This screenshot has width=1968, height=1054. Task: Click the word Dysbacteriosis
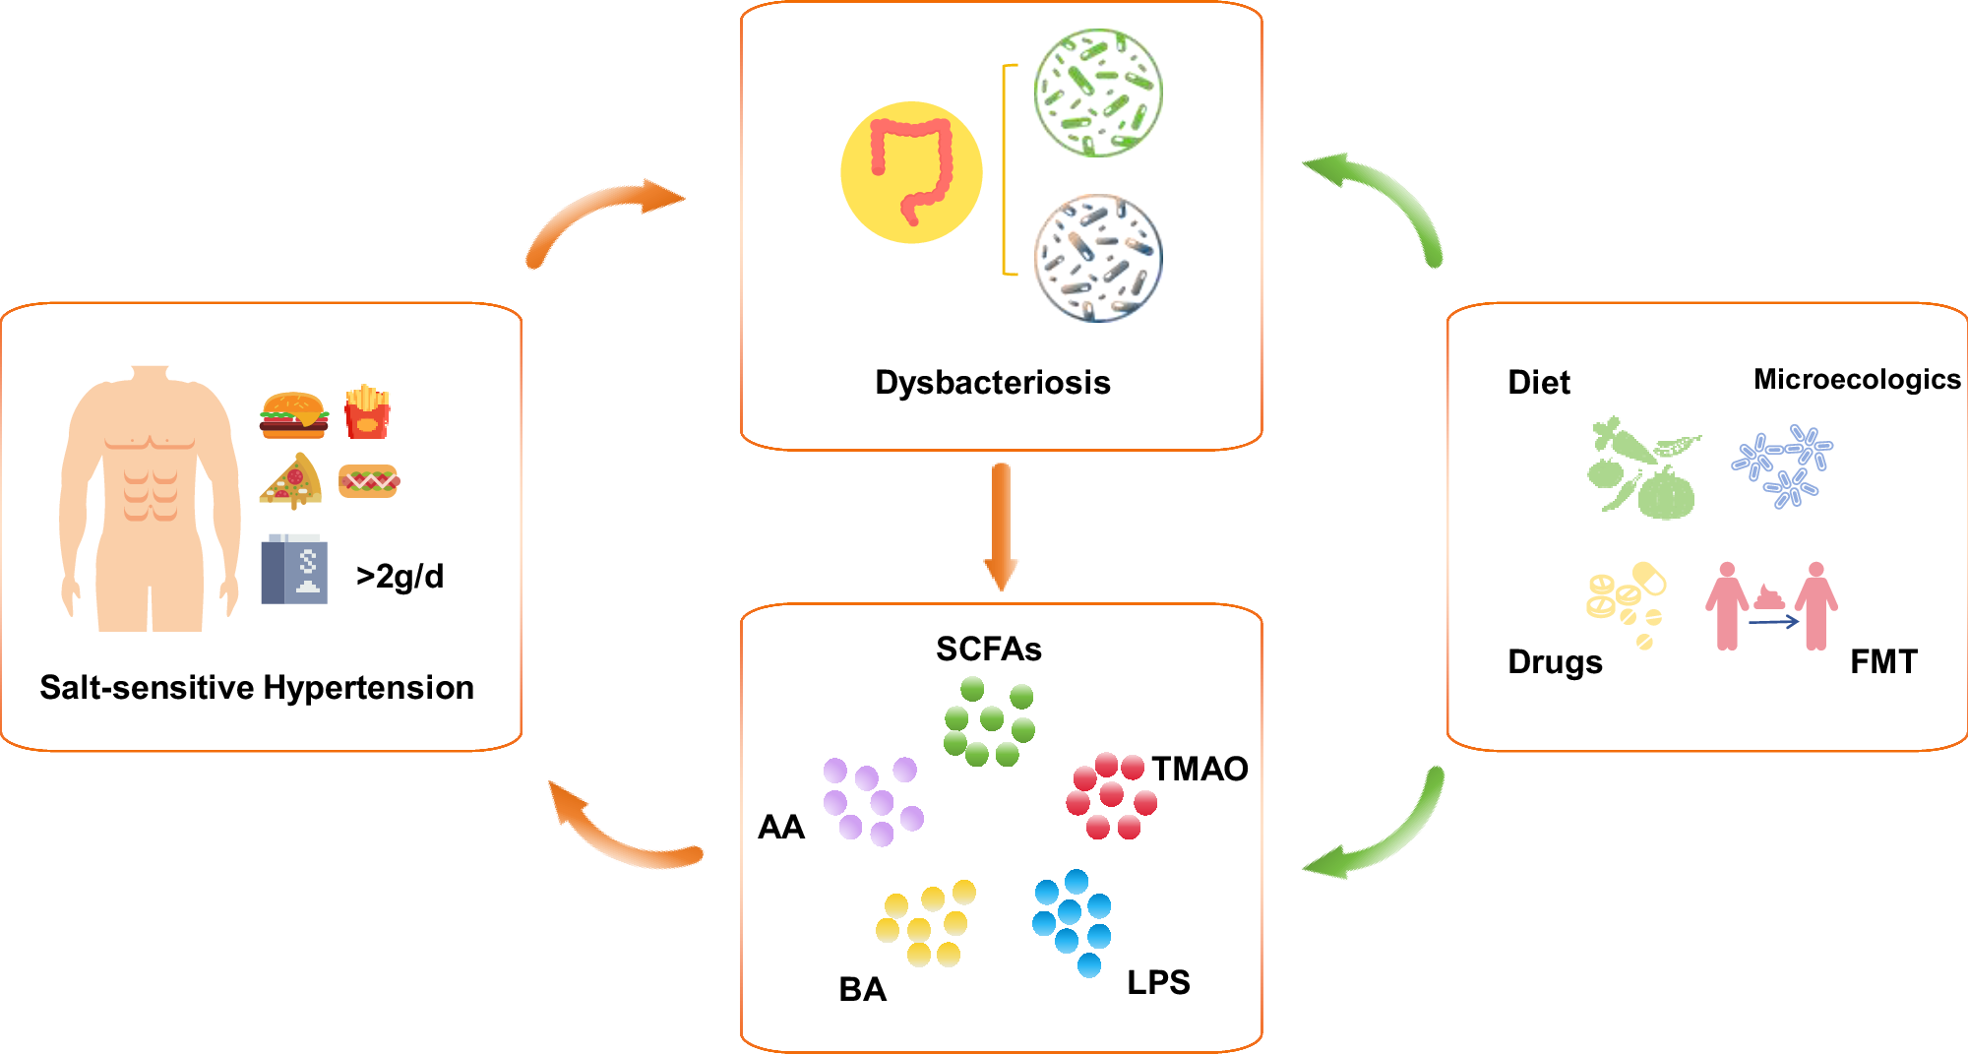(x=993, y=382)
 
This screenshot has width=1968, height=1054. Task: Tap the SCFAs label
(x=988, y=649)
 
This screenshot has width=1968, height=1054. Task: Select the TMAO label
(x=1199, y=769)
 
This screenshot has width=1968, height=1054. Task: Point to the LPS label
(x=1158, y=982)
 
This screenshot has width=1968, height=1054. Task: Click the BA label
(x=862, y=989)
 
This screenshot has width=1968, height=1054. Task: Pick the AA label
(x=781, y=827)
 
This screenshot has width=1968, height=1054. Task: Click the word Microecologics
(x=1857, y=379)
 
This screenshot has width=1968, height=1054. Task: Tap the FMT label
(x=1883, y=661)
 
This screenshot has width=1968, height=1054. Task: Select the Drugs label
(x=1555, y=662)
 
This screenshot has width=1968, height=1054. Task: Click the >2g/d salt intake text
(x=400, y=576)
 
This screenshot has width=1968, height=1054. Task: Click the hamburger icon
(x=294, y=415)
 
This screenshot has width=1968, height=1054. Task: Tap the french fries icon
(x=367, y=411)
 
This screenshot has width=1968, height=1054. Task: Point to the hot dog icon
(x=369, y=481)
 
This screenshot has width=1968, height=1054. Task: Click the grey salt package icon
(x=294, y=569)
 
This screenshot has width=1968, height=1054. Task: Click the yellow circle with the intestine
(x=911, y=172)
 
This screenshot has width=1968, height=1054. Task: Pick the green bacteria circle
(x=1098, y=93)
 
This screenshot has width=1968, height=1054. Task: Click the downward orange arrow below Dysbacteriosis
(x=1001, y=527)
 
